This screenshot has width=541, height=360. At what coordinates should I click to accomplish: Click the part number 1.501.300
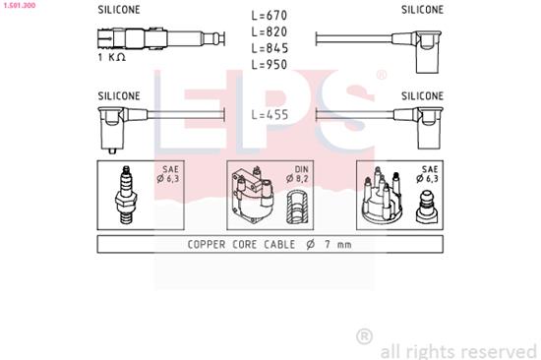pyautogui.click(x=22, y=6)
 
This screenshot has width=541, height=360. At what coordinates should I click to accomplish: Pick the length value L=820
pyautogui.click(x=270, y=31)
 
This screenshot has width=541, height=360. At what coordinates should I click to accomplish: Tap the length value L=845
pyautogui.click(x=270, y=47)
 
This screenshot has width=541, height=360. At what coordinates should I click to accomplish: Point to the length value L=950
pyautogui.click(x=270, y=64)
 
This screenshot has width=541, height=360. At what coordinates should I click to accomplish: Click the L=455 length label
pyautogui.click(x=270, y=114)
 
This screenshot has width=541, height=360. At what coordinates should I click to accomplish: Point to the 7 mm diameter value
pyautogui.click(x=334, y=244)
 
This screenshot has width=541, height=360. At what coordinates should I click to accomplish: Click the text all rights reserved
pyautogui.click(x=457, y=350)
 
